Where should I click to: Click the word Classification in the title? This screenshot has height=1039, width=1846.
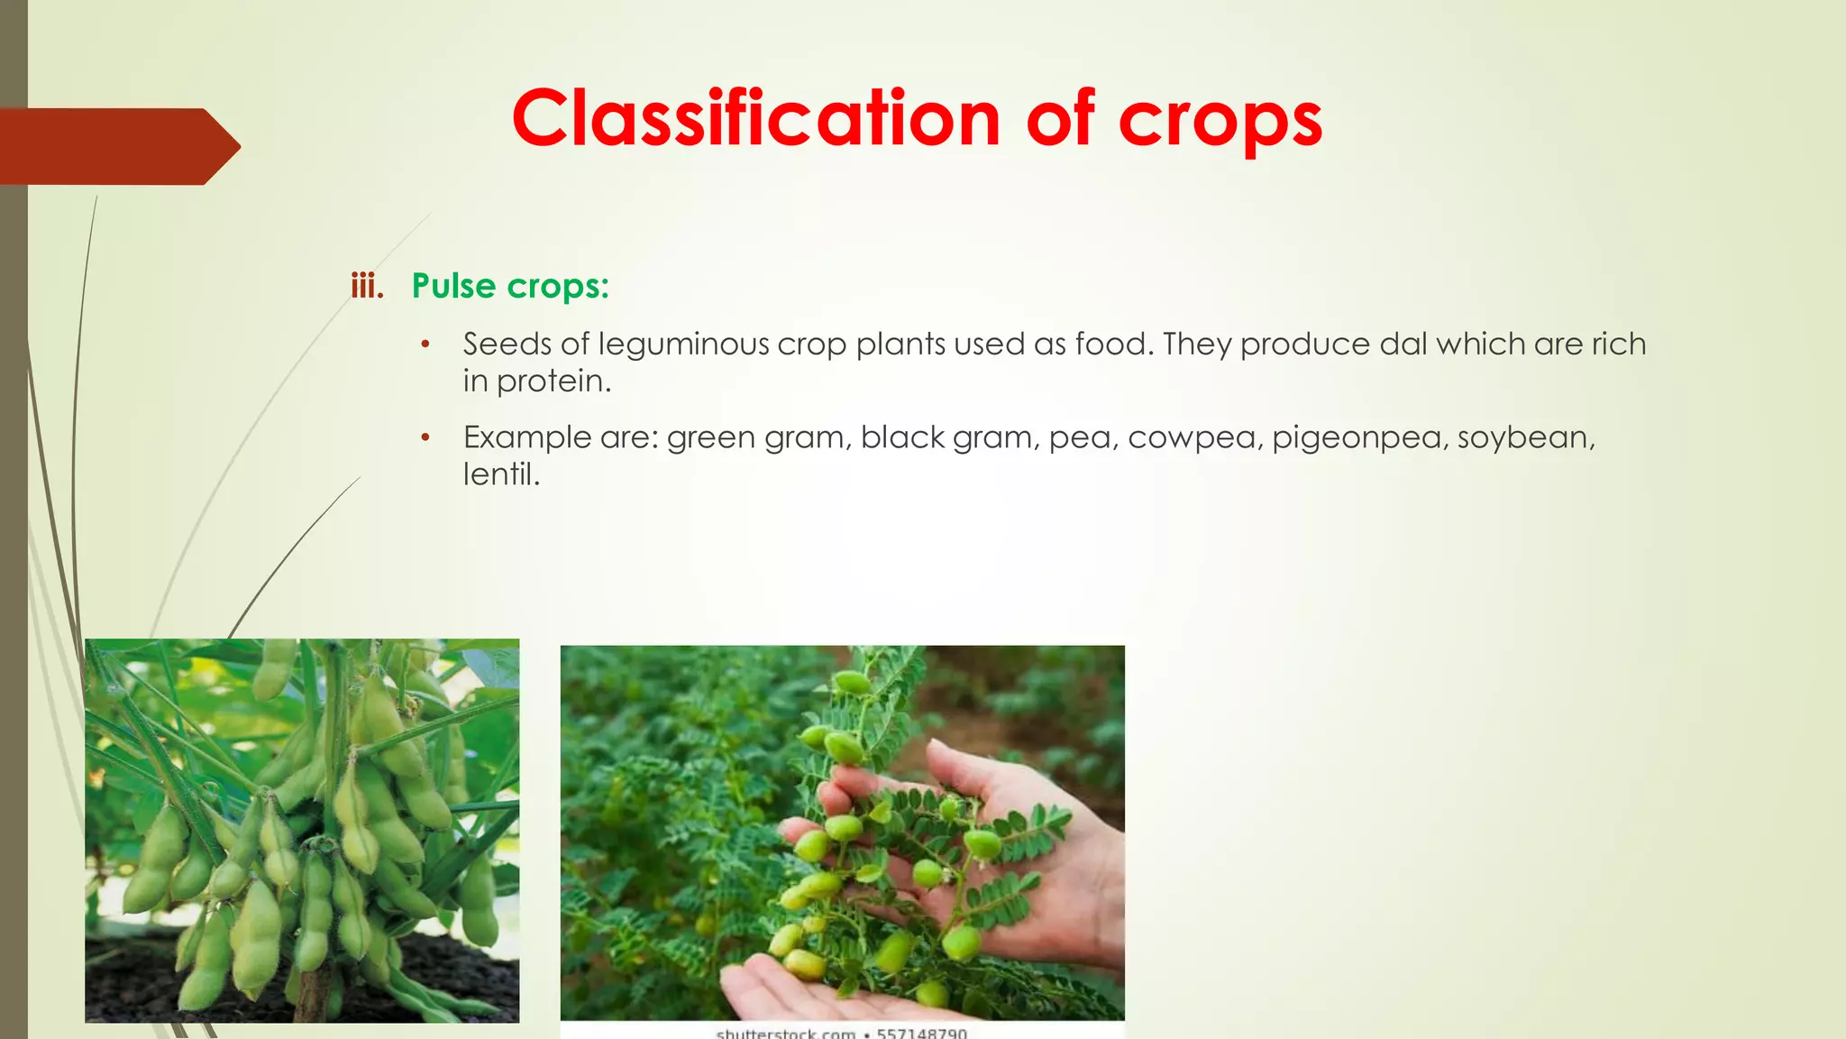coord(755,119)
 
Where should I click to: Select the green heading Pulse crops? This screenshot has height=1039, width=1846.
coord(510,286)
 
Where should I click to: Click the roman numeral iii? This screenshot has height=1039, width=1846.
coord(367,287)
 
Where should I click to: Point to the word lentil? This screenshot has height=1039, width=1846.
coord(500,474)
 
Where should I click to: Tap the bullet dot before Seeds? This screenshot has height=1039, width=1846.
coord(425,345)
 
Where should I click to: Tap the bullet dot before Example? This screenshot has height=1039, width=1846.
coord(425,437)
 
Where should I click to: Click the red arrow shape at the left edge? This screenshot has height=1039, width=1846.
coord(117,146)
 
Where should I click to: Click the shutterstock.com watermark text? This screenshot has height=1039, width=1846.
coord(785,1033)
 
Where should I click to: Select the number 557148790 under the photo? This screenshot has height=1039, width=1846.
coord(921,1033)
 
